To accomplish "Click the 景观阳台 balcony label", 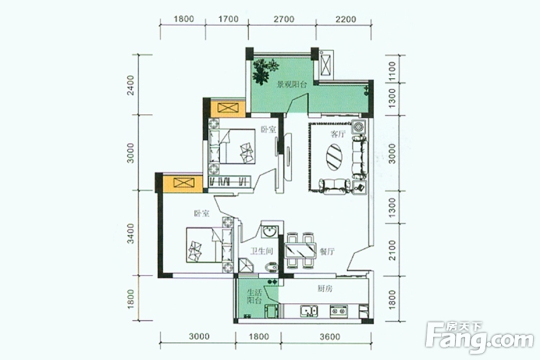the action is tap(292, 84).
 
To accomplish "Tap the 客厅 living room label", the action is tap(338, 133).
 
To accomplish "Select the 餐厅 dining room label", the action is tap(327, 252).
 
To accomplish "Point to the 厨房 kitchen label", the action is tap(325, 289).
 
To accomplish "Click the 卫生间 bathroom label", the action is tap(262, 251).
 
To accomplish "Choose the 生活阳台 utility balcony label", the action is tap(255, 297).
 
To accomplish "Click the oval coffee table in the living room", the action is tap(334, 157).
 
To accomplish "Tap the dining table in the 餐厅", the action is tap(300, 250).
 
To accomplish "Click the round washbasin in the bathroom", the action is tap(270, 231).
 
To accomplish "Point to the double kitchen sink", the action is tap(309, 311).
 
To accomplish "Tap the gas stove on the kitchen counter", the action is tap(338, 310).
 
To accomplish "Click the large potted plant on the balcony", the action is tap(264, 71).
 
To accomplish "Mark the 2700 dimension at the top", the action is tap(284, 19).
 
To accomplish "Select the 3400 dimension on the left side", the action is tap(130, 233).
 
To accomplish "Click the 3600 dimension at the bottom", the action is tap(330, 336).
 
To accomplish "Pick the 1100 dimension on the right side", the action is tap(392, 71).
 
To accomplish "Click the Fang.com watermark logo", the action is tap(479, 338).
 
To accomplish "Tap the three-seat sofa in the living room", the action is tap(360, 157).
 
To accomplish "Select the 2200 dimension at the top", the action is tap(345, 19).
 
